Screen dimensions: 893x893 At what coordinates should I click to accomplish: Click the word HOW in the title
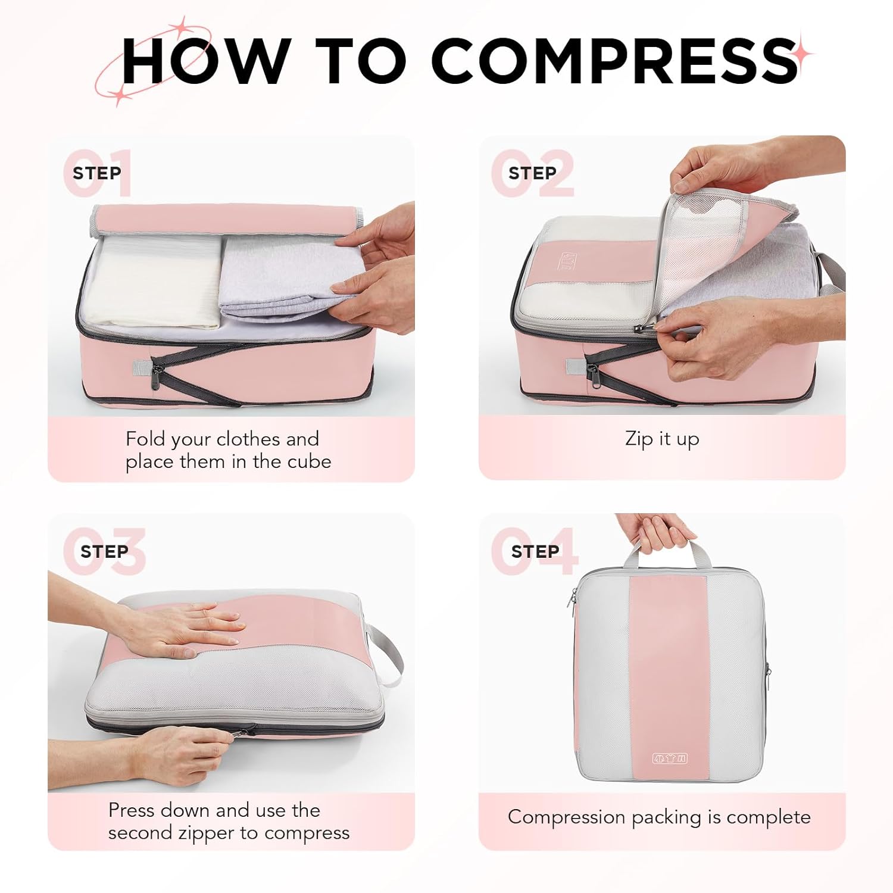[x=205, y=61]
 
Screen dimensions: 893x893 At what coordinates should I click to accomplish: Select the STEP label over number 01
[x=96, y=173]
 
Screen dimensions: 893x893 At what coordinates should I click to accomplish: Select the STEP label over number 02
[x=532, y=173]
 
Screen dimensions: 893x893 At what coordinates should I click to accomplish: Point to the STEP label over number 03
[x=104, y=552]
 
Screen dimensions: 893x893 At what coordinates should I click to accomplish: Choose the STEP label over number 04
[x=535, y=552]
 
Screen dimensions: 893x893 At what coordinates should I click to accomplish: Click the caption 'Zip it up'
[x=662, y=439]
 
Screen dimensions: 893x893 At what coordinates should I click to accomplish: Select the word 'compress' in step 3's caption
[x=307, y=833]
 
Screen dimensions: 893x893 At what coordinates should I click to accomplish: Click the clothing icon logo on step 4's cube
[x=670, y=758]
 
